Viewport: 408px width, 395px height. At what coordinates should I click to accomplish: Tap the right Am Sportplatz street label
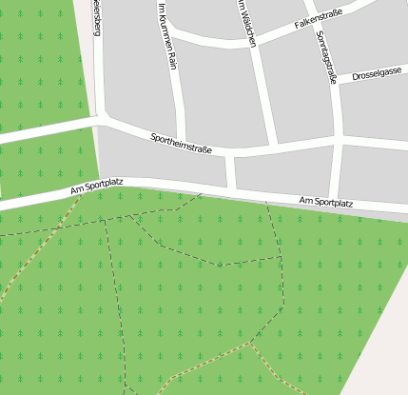coord(325,202)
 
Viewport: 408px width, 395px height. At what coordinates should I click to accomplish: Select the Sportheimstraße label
coord(181,144)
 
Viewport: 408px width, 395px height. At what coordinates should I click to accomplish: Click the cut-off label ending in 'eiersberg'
coord(96,17)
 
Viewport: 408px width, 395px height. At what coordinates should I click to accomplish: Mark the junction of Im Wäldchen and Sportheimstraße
coord(272,149)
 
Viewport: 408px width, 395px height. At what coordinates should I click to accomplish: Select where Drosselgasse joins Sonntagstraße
coord(338,84)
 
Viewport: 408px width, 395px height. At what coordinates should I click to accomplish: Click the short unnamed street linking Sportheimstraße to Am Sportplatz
coord(230,171)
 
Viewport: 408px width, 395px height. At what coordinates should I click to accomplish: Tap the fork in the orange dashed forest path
coord(250,343)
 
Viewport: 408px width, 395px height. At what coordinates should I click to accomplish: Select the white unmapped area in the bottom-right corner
coord(385,352)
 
